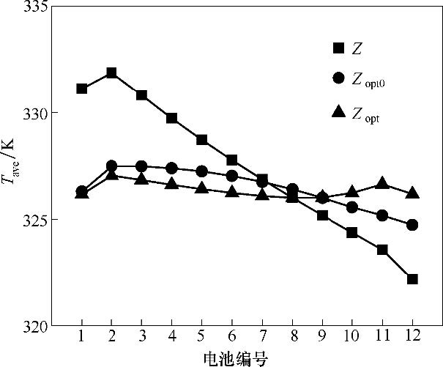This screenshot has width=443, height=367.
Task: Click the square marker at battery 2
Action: (111, 73)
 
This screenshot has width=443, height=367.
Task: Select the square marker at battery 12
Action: (412, 279)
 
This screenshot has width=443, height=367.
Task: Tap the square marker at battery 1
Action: (81, 89)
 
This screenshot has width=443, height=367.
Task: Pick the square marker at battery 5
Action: (201, 139)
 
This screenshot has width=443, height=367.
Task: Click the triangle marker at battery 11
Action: (382, 183)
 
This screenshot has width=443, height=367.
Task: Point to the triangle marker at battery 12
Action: (412, 193)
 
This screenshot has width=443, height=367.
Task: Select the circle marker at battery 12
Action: (412, 225)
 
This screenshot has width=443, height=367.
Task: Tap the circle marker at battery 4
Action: (171, 168)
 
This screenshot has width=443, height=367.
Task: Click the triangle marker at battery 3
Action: (141, 179)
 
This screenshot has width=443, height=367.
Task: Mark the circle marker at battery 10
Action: (352, 207)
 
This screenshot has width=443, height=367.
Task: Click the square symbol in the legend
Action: (338, 48)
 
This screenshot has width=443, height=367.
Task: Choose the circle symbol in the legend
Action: (338, 78)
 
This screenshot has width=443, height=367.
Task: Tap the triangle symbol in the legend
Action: (338, 112)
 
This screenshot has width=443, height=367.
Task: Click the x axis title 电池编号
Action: (235, 357)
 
